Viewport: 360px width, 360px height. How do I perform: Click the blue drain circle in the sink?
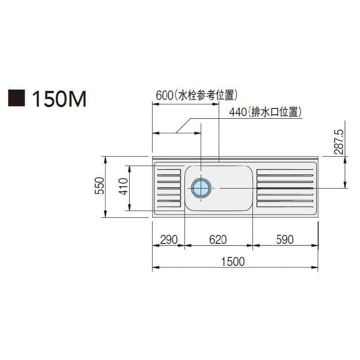click(x=201, y=188)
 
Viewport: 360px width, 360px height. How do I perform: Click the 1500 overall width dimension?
click(x=233, y=262)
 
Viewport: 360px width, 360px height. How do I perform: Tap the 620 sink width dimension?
click(x=218, y=240)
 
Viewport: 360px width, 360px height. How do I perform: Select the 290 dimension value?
click(x=169, y=240)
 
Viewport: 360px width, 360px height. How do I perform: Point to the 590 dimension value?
click(x=285, y=240)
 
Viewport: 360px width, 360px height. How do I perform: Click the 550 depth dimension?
click(x=99, y=185)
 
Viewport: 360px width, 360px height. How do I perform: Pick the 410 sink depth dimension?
click(x=123, y=186)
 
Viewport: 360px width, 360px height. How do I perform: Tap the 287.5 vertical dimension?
click(x=339, y=142)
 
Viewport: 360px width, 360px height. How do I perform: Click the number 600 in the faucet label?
click(x=164, y=95)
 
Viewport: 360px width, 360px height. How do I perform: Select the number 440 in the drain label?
click(x=238, y=112)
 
